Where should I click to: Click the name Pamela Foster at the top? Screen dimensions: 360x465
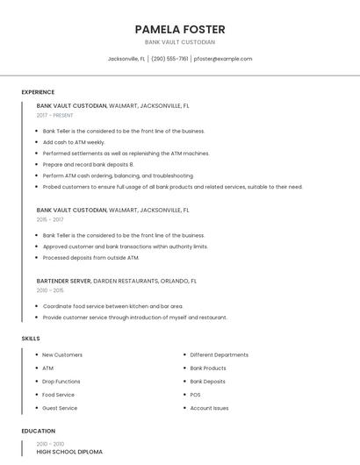(180, 29)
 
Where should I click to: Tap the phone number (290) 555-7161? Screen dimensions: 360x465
(169, 59)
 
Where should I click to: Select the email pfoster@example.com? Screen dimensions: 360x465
(223, 59)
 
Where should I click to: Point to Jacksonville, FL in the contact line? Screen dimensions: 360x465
(126, 59)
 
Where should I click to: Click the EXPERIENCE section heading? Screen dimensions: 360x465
(38, 92)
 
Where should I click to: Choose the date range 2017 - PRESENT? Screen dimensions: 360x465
(55, 115)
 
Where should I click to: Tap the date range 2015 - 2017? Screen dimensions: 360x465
(50, 219)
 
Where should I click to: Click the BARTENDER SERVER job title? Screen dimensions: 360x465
(64, 281)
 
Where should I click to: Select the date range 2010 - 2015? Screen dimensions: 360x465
(50, 290)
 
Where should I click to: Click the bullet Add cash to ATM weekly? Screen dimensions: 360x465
(74, 142)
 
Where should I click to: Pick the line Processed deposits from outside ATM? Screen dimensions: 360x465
(90, 258)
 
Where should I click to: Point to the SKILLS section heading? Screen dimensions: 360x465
(31, 339)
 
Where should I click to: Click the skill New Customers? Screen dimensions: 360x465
(62, 355)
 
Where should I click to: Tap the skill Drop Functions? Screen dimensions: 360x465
(61, 382)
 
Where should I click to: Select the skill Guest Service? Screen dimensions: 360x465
(60, 408)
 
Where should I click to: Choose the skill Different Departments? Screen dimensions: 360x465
(219, 355)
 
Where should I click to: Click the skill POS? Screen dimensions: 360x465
(195, 395)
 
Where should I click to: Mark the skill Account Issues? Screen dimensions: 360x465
(209, 408)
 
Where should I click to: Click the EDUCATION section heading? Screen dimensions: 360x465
(37, 432)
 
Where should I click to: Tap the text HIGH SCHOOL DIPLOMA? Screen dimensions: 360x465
(69, 452)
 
